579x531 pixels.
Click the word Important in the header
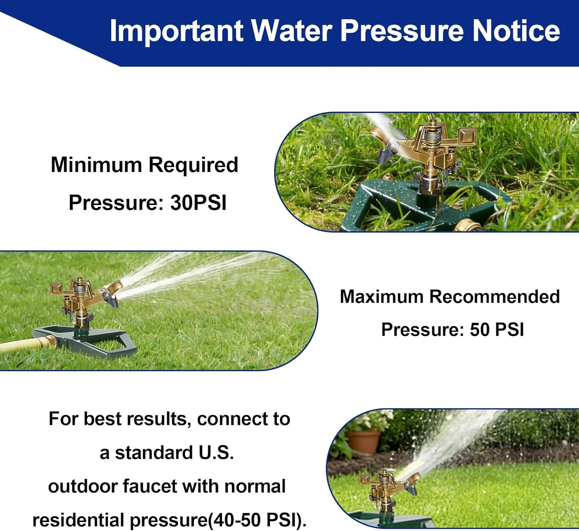tap(177, 31)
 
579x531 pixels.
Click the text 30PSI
tap(198, 203)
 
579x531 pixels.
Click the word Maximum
tap(382, 296)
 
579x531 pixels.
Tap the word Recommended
tap(495, 296)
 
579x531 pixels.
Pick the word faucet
tap(149, 486)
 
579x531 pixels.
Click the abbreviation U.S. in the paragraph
tap(216, 453)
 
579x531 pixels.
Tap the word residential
tap(78, 520)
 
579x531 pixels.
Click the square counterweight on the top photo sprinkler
tap(467, 135)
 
